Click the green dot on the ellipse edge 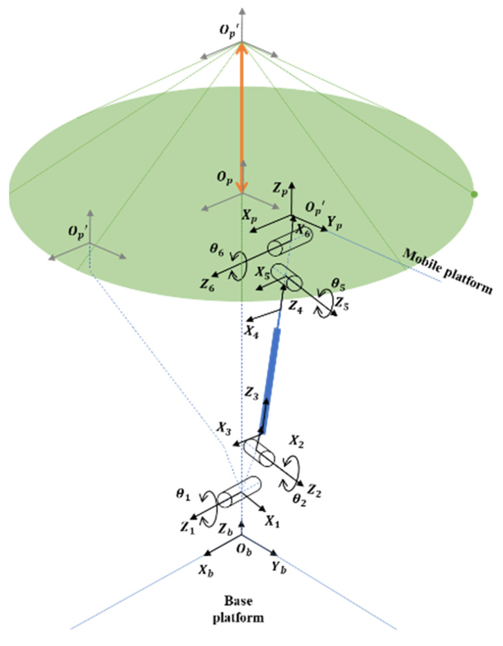tap(474, 195)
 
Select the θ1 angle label tap(183, 494)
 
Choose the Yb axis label tap(279, 567)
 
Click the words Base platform tap(238, 609)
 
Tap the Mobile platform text tap(448, 271)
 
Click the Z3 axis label tap(252, 393)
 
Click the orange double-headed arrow tap(242, 118)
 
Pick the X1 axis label tap(272, 521)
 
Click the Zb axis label tap(225, 529)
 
